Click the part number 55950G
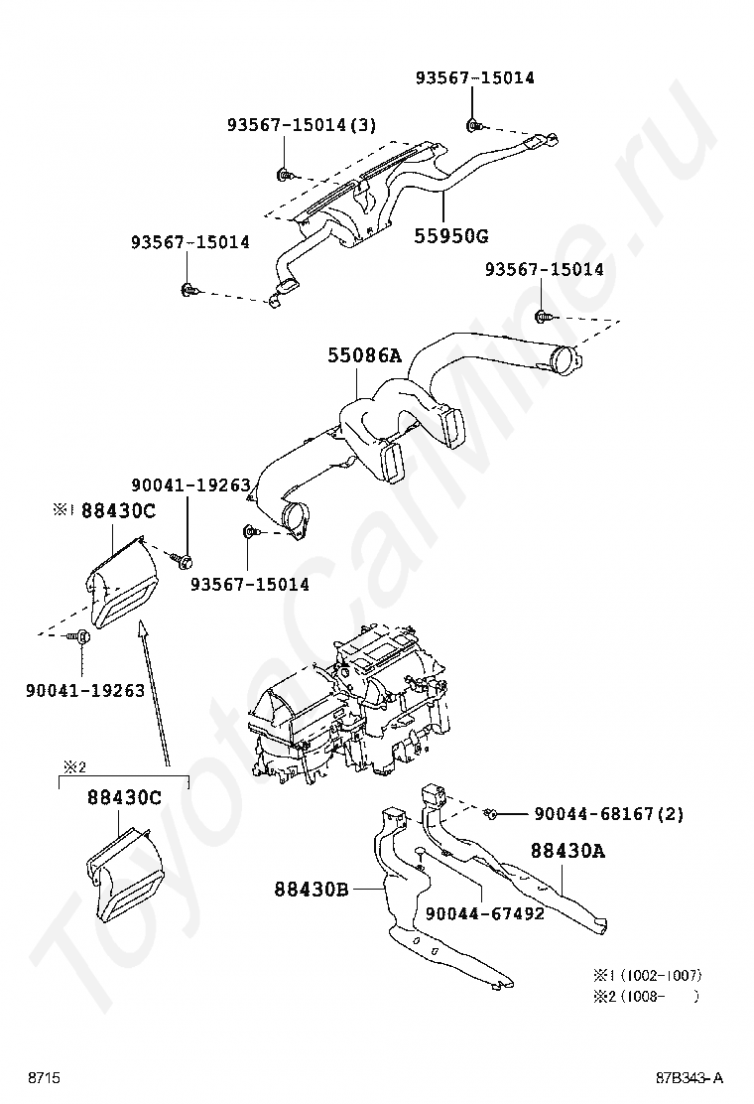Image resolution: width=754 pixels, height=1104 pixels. (451, 236)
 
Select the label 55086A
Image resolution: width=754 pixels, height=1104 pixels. (364, 354)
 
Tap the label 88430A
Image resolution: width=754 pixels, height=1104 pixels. (567, 851)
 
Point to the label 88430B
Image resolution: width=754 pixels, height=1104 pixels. (312, 890)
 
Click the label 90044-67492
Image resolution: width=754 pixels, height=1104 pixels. (484, 913)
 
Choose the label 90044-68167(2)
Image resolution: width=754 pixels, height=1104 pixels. (609, 814)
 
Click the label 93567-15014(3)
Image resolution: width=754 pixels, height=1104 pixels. (302, 125)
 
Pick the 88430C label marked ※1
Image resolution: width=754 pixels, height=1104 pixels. (118, 510)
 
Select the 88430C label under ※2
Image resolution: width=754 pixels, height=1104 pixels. (123, 797)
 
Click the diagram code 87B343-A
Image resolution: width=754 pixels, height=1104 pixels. (689, 1078)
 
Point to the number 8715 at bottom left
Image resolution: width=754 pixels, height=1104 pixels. (44, 1078)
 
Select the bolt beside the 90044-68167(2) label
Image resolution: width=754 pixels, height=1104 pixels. (492, 814)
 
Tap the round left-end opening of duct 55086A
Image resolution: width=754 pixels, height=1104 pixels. (294, 518)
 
